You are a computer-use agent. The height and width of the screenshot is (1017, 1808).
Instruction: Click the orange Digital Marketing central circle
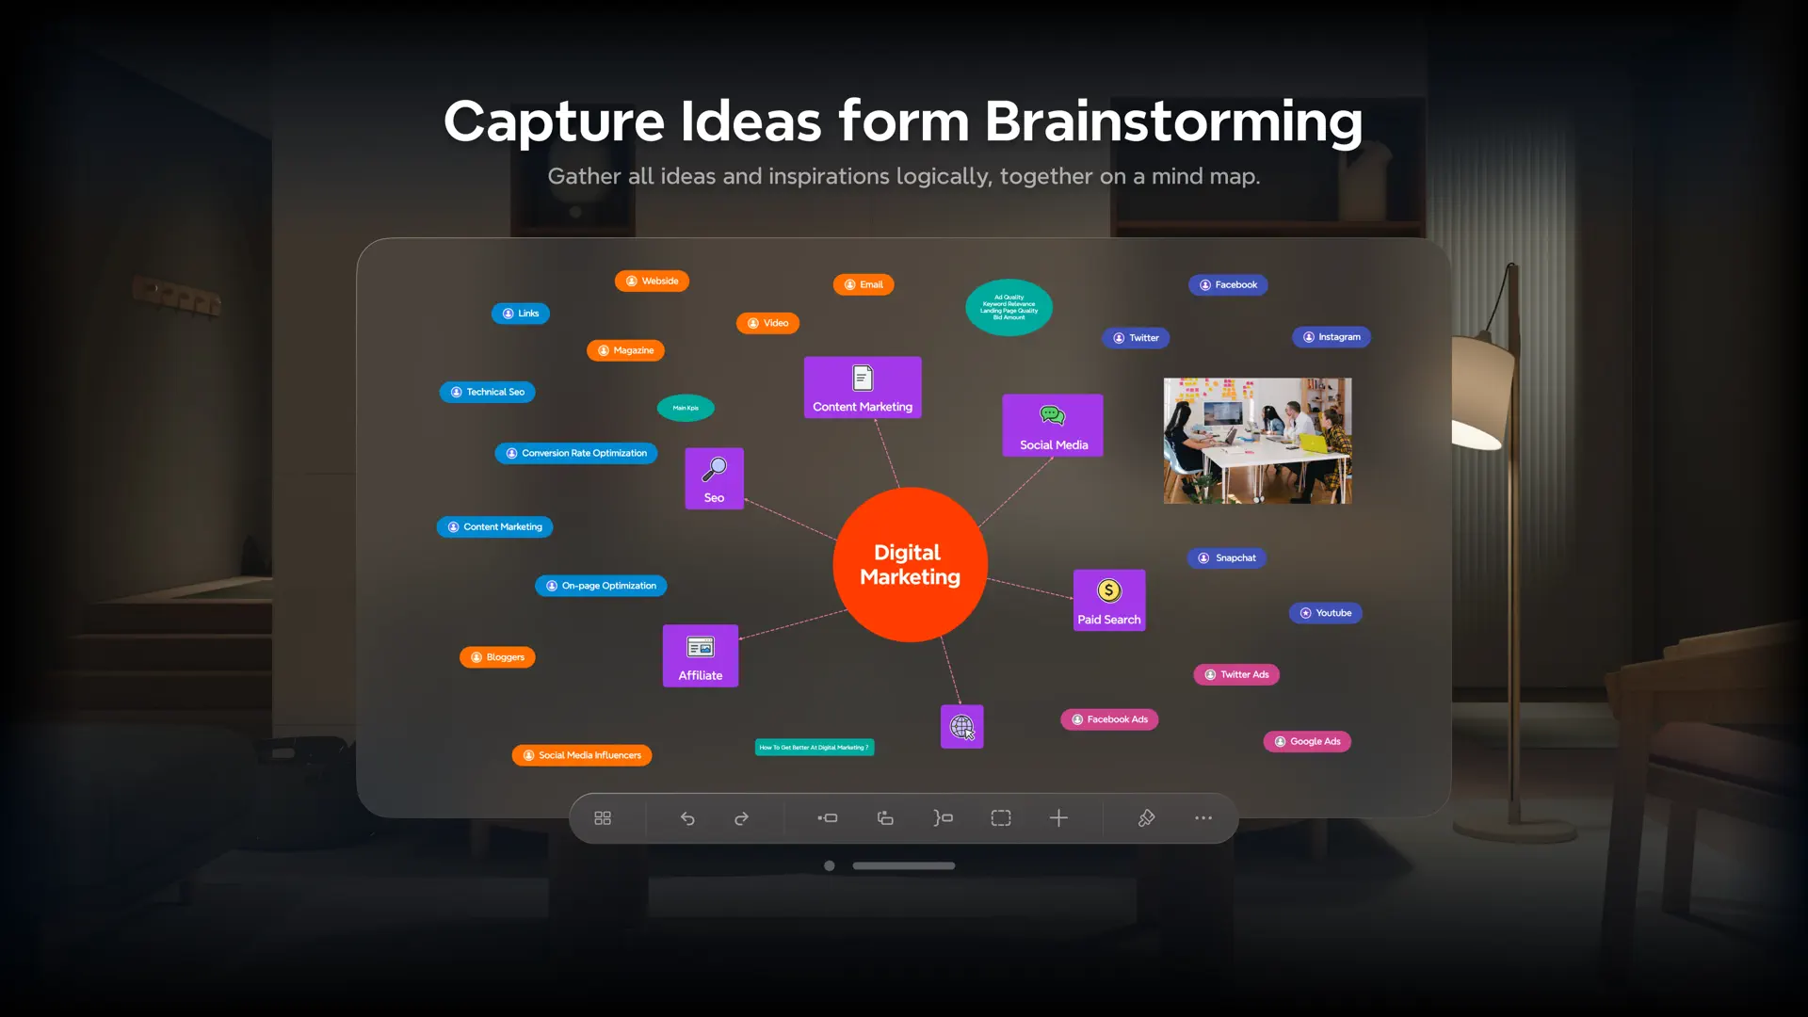(910, 565)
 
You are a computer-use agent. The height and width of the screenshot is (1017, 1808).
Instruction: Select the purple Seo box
(714, 478)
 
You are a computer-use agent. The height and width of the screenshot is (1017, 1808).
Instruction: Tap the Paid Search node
(1109, 601)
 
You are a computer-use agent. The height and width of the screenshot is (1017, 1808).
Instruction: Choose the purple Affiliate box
(701, 656)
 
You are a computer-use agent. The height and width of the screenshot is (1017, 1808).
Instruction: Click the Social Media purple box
(1053, 426)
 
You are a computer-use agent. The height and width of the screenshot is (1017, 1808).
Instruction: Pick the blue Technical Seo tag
(487, 392)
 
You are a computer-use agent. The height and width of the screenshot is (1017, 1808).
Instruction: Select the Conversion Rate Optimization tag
(576, 453)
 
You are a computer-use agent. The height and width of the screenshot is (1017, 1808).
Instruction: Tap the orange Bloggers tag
(497, 657)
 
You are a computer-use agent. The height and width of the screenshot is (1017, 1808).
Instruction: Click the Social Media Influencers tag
(582, 755)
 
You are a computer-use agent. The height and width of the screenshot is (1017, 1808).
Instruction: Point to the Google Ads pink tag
(1307, 742)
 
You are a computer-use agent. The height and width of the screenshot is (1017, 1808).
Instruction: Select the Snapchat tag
(1227, 558)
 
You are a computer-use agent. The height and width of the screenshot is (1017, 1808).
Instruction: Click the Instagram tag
(1332, 337)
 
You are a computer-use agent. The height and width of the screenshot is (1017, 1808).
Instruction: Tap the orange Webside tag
(652, 282)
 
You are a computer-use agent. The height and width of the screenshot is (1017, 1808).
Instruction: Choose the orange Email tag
(864, 284)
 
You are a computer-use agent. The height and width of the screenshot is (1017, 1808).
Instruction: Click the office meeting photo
(1257, 441)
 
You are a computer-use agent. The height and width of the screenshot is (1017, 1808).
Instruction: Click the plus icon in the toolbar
(1058, 818)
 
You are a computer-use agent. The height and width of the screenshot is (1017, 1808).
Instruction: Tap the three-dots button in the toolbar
(1203, 818)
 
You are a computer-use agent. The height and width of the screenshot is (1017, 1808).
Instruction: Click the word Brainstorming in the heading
(1173, 122)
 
